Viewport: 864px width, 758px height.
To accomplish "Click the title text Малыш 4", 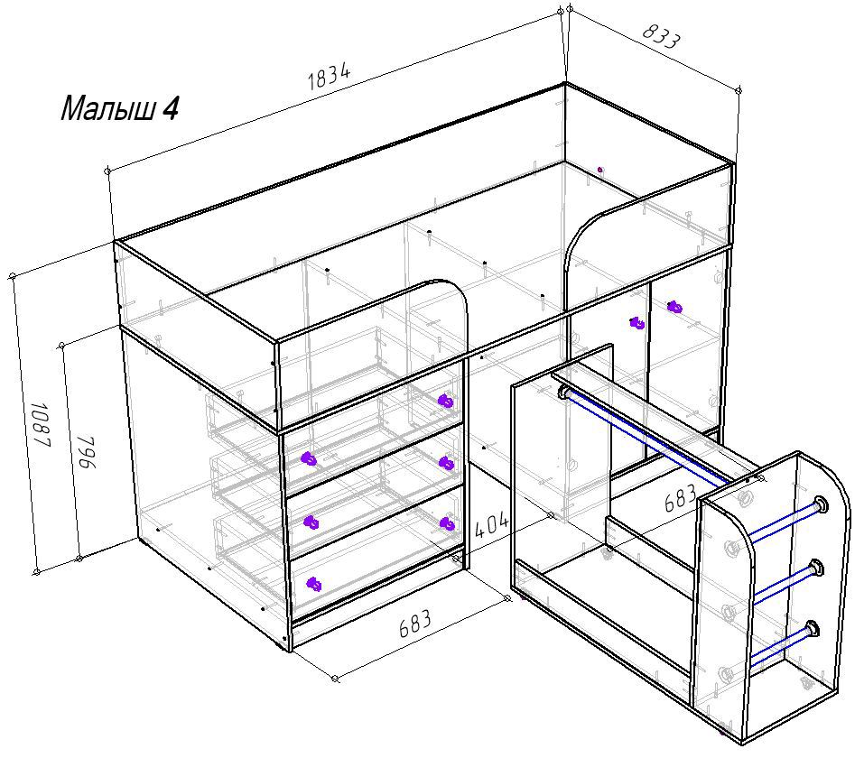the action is pos(119,108).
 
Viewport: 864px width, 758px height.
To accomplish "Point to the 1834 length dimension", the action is pos(329,77).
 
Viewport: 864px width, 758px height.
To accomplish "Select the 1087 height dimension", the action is pos(42,424).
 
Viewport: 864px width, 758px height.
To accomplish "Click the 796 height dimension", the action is pos(86,452).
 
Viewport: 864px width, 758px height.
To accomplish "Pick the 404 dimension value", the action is pos(491,525).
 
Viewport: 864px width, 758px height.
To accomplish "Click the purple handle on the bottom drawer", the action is pos(313,584).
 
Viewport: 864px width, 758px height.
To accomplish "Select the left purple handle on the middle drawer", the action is pos(311,522).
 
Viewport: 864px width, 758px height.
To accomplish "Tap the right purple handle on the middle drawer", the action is pos(448,524).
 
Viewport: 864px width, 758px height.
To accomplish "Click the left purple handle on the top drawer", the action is pos(309,458).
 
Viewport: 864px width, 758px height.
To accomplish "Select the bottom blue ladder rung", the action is pos(783,644).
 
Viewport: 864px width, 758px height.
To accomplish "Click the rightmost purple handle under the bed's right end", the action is pos(674,307).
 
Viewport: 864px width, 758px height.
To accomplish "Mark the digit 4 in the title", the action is pos(171,108).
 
